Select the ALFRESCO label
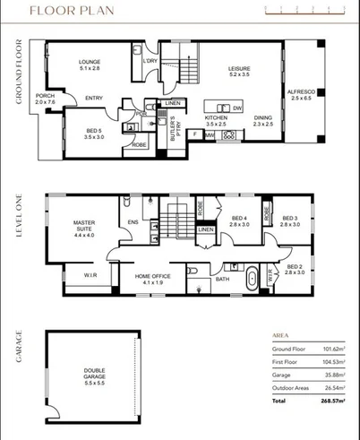coord(299,95)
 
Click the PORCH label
coord(45,99)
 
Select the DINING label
coord(262,120)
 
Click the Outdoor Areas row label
coord(292,388)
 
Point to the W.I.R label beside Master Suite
coord(90,274)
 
